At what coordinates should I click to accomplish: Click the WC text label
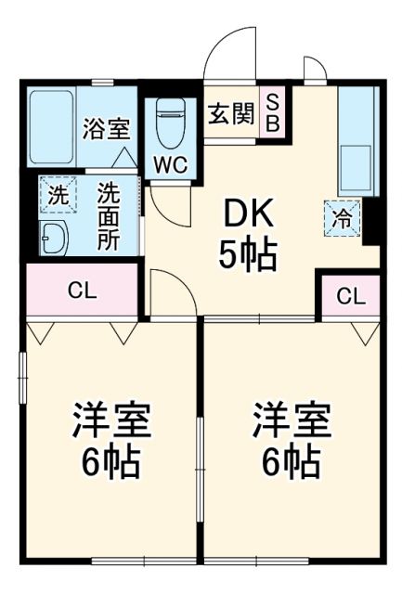170,165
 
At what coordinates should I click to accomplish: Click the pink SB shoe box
275,112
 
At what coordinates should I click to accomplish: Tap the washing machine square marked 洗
58,196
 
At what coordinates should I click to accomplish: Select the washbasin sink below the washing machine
55,239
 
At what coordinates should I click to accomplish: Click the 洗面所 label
109,216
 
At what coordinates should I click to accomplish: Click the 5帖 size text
247,255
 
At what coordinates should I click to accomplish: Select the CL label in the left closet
82,290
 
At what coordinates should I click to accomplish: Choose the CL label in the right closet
350,296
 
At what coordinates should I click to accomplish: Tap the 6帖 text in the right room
292,460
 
